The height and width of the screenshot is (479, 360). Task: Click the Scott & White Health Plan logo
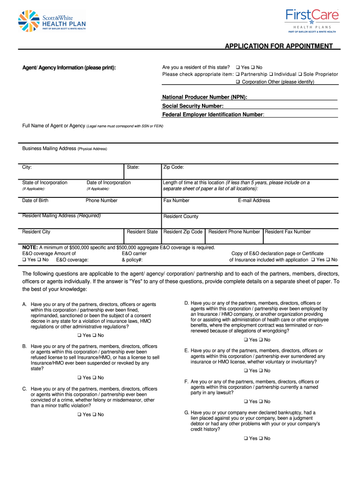click(51, 21)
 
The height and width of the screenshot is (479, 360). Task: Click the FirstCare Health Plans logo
click(311, 21)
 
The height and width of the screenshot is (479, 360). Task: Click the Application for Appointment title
click(279, 46)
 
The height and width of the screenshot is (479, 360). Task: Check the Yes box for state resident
click(238, 67)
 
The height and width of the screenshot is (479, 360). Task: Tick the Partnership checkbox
click(238, 74)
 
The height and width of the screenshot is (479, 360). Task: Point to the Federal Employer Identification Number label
click(213, 114)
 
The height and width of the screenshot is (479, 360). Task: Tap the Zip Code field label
click(173, 167)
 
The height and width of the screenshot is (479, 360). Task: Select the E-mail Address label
click(254, 201)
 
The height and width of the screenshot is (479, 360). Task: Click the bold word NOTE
click(30, 247)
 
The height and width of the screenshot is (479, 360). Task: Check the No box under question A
click(94, 335)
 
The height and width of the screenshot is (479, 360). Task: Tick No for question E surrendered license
click(260, 370)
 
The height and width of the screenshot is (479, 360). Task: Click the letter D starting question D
click(187, 303)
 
